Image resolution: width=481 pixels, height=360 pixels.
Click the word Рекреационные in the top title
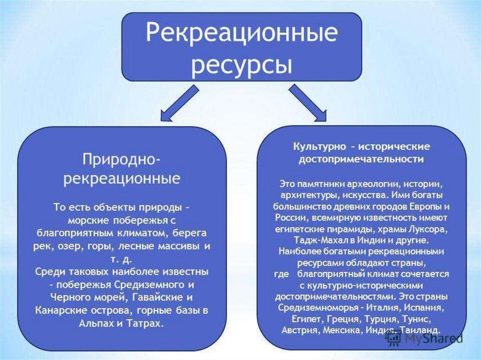point(241,34)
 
